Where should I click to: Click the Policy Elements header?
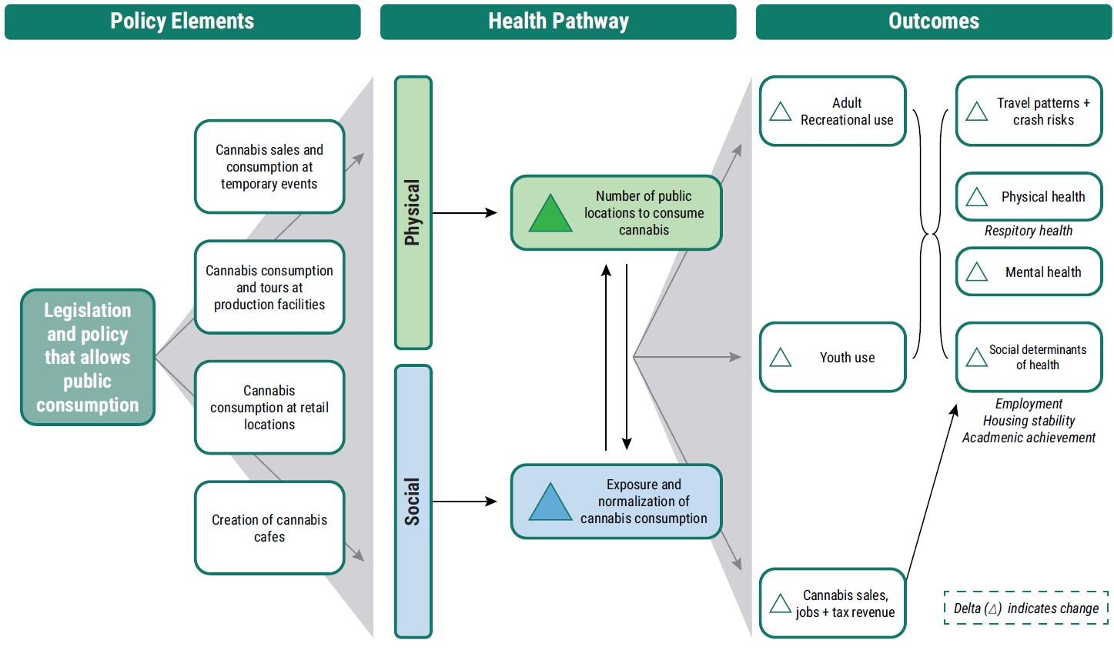click(182, 22)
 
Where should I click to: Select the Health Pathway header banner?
click(558, 22)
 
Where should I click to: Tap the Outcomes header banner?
click(933, 22)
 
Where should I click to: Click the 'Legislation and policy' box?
click(88, 358)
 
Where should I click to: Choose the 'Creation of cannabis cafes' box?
click(269, 528)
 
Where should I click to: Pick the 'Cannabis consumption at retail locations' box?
click(269, 408)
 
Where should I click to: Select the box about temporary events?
click(269, 167)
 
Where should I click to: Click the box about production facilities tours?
click(269, 288)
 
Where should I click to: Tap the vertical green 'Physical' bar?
click(413, 212)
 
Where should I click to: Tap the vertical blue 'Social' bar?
click(413, 502)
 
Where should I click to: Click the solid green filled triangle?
click(550, 215)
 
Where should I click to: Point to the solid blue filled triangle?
click(550, 503)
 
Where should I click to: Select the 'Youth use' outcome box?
click(832, 358)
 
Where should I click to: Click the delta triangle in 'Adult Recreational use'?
click(781, 112)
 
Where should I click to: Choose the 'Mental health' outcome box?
click(1029, 272)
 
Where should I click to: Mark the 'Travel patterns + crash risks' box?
click(1029, 112)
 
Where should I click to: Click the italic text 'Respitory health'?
click(1028, 231)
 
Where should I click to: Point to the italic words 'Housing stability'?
click(1029, 421)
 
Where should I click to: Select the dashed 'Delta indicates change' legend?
click(1025, 608)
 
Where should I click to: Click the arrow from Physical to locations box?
click(464, 213)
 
